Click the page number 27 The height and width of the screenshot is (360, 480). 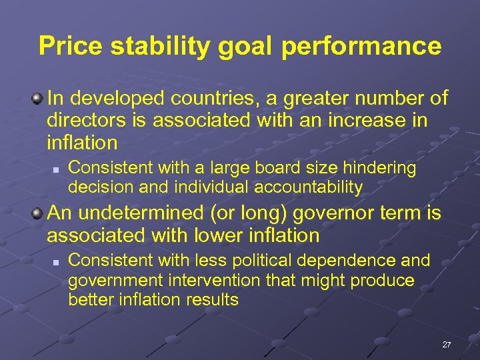(447, 345)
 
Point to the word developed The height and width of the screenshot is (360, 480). (117, 99)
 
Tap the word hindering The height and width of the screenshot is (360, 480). (379, 168)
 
